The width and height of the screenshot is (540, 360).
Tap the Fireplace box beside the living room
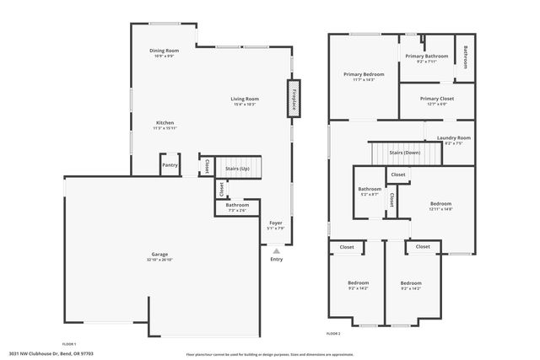click(294, 99)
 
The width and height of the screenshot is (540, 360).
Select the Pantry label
click(170, 165)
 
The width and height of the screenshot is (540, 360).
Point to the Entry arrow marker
click(276, 250)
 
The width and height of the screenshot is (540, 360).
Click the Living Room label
click(244, 99)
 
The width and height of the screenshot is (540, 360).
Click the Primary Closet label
click(436, 99)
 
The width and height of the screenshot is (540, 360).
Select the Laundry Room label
click(453, 137)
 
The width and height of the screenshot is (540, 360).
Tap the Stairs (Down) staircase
click(405, 153)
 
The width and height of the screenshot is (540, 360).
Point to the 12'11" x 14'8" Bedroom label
click(440, 204)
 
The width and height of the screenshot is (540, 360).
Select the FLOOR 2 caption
click(332, 334)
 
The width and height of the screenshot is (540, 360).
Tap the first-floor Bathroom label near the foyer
click(237, 206)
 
